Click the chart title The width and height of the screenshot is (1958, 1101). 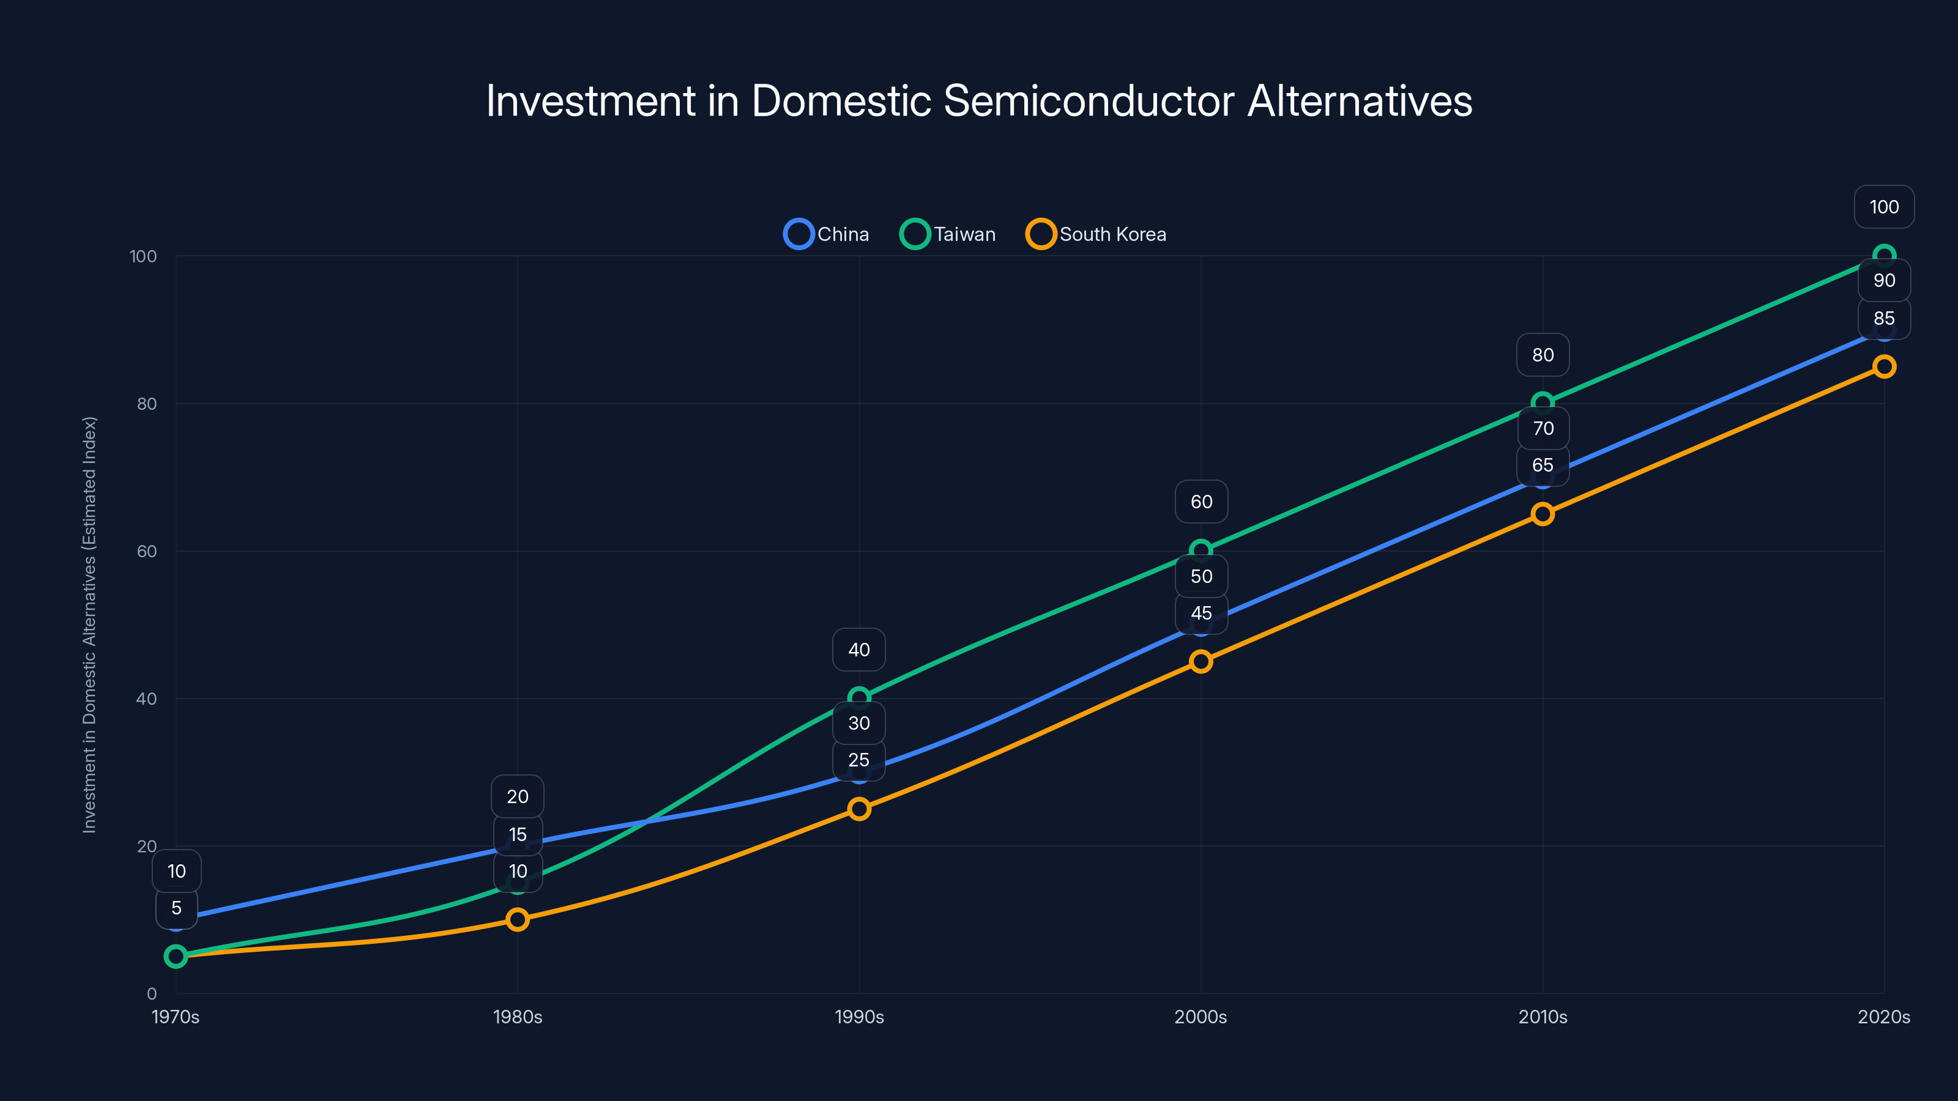[x=979, y=100]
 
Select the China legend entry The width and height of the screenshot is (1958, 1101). [x=827, y=234]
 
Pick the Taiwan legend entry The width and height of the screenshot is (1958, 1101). [x=948, y=234]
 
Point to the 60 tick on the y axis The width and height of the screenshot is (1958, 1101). [x=147, y=551]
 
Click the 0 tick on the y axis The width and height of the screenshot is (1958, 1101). [x=152, y=993]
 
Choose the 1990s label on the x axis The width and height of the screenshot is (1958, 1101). [x=859, y=1017]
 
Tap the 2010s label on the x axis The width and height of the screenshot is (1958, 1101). [x=1542, y=1017]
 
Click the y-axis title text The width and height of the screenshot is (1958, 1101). [x=90, y=625]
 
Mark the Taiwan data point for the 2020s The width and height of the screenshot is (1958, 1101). [x=1883, y=256]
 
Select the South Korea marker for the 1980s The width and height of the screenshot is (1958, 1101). [x=518, y=919]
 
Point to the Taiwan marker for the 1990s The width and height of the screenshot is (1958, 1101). [x=859, y=697]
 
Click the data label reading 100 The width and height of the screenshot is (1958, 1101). [x=1883, y=207]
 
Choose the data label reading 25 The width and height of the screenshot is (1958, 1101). [x=859, y=760]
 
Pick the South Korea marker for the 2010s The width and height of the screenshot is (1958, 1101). [x=1542, y=514]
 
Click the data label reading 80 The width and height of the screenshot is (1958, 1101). [x=1542, y=355]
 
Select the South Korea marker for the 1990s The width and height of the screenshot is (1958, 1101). [x=859, y=809]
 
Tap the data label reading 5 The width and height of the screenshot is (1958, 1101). [x=176, y=908]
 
